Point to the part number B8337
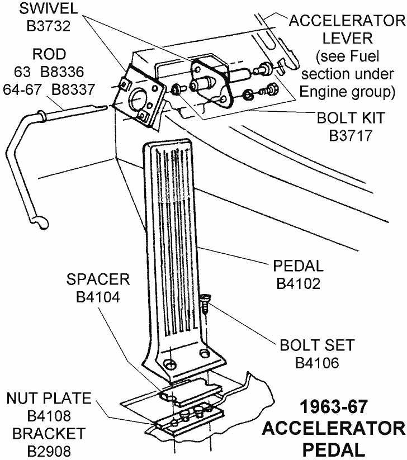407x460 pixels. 73,89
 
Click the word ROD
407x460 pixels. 49,54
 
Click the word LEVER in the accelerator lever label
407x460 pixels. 347,38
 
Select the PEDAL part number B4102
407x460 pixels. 299,283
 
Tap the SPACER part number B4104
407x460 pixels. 98,297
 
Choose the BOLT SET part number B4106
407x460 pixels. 317,362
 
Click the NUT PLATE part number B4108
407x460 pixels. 49,416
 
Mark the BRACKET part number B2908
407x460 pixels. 49,450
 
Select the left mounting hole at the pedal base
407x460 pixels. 170,364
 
